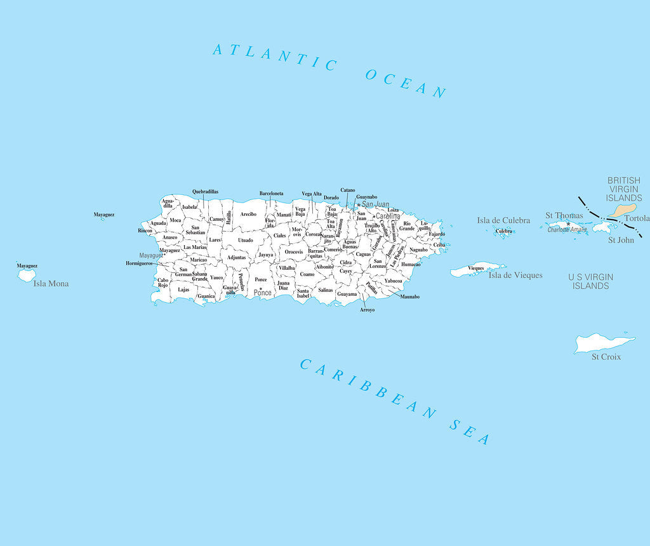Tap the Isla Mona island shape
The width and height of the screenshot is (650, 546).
pyautogui.click(x=27, y=276)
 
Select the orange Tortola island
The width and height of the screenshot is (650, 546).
pyautogui.click(x=623, y=210)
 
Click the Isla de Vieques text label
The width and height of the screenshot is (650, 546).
pyautogui.click(x=515, y=275)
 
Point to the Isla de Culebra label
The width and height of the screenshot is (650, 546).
pyautogui.click(x=503, y=220)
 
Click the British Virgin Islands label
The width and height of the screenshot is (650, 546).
pyautogui.click(x=624, y=189)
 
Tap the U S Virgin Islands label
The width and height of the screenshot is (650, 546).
pyautogui.click(x=591, y=281)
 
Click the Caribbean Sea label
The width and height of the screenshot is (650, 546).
pyautogui.click(x=394, y=401)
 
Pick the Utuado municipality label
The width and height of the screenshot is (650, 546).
pyautogui.click(x=245, y=240)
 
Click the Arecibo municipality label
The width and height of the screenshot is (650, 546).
pyautogui.click(x=248, y=214)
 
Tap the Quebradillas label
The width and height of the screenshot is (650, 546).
pyautogui.click(x=205, y=191)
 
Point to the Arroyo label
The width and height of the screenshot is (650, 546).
pyautogui.click(x=367, y=310)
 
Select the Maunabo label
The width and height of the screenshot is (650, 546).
pyautogui.click(x=409, y=296)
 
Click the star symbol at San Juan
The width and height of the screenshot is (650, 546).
pyautogui.click(x=358, y=205)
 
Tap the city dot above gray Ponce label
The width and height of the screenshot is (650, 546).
pyautogui.click(x=260, y=288)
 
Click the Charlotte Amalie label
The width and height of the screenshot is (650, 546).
pyautogui.click(x=567, y=230)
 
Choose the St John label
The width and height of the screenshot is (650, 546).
pyautogui.click(x=620, y=240)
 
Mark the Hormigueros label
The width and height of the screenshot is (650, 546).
pyautogui.click(x=139, y=263)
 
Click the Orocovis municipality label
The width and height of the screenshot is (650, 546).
pyautogui.click(x=293, y=251)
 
